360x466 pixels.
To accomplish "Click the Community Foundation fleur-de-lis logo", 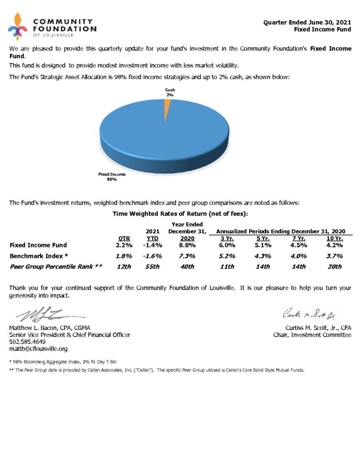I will [18, 27].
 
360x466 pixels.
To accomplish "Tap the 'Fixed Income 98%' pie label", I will [112, 176].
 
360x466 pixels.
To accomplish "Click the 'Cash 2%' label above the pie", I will [170, 92].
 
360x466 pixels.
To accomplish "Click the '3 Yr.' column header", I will [226, 238].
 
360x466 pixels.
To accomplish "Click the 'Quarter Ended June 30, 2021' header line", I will [307, 22].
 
